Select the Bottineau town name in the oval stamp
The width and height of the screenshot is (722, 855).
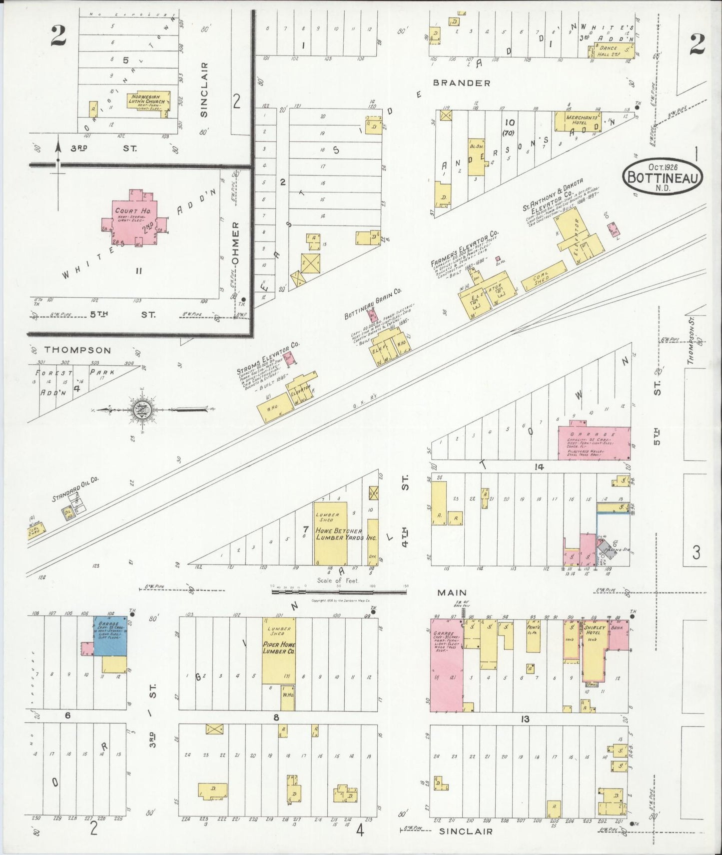[x=663, y=177]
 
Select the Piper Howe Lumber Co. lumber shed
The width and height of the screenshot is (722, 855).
[x=278, y=650]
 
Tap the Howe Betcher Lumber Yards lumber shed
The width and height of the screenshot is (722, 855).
[x=330, y=532]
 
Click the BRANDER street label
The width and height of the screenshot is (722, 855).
[x=462, y=83]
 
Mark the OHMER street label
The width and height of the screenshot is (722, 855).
[x=236, y=243]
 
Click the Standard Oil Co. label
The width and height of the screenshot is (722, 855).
[x=75, y=488]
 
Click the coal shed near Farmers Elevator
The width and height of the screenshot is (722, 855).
[x=543, y=275]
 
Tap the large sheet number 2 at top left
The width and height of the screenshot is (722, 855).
[x=59, y=36]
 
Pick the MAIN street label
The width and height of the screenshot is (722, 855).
[x=452, y=592]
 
